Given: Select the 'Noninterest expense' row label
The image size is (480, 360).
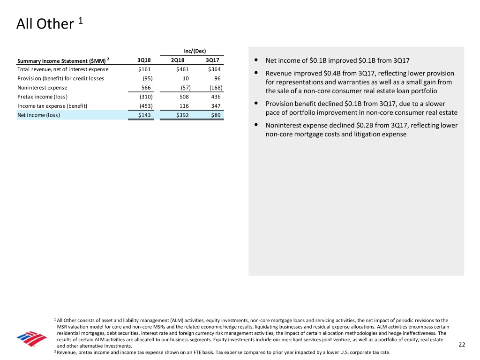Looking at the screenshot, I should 42,88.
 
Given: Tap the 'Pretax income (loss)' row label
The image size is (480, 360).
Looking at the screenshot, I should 42,97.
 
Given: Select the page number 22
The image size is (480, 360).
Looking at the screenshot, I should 462,345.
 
